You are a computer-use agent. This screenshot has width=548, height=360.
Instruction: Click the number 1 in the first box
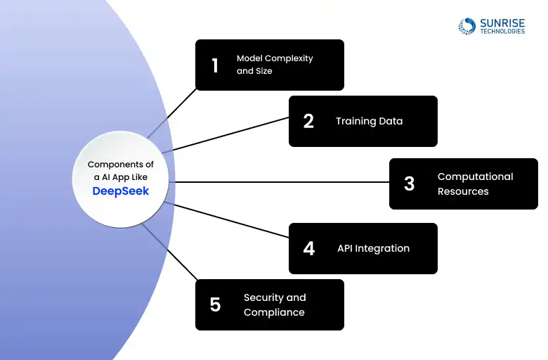[215, 65]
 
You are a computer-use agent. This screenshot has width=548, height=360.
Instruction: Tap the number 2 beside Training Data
[308, 122]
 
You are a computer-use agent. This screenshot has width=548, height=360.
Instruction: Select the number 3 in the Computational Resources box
[409, 184]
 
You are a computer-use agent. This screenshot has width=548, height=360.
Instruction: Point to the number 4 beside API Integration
[309, 248]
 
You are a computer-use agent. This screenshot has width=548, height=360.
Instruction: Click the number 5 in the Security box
[215, 304]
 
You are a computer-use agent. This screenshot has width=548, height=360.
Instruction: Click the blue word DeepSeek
[121, 191]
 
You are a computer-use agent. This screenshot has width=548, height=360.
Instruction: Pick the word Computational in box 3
[476, 176]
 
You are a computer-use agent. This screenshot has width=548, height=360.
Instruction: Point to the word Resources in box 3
[463, 191]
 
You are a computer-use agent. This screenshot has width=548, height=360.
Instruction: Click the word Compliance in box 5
[274, 312]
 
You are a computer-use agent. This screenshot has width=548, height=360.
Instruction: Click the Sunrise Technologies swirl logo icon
[467, 26]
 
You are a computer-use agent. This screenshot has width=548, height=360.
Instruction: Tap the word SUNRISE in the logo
[502, 23]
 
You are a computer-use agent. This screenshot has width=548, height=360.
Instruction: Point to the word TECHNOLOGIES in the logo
[502, 31]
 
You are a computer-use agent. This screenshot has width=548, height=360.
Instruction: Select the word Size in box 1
[264, 71]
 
